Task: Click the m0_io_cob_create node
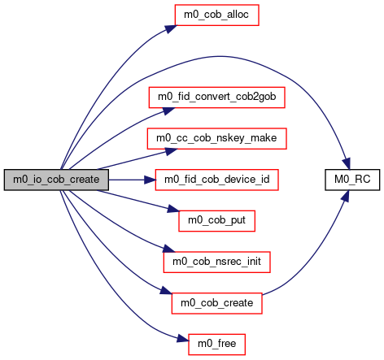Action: coord(56,180)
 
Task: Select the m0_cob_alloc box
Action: coord(216,15)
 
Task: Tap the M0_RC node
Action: coord(352,180)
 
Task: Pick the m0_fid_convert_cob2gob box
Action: coord(216,98)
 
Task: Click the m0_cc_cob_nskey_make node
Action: coord(216,138)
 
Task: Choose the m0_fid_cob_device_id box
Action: coord(216,180)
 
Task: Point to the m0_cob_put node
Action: coord(216,221)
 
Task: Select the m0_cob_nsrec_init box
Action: coord(216,262)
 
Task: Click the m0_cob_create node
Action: coord(216,303)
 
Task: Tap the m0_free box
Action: coord(216,345)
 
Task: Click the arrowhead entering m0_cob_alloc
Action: coord(171,28)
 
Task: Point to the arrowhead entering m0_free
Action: coord(183,339)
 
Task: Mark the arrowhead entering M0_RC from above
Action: coord(347,164)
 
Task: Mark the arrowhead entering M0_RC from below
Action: coord(345,196)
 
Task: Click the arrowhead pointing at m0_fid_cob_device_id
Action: coord(150,180)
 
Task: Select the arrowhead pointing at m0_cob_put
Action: coord(173,209)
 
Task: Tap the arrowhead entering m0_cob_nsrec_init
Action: coord(168,249)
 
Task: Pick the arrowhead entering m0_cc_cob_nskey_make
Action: coord(171,151)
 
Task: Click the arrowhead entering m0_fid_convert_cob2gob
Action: coord(168,111)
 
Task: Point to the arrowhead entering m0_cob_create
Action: coord(166,291)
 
